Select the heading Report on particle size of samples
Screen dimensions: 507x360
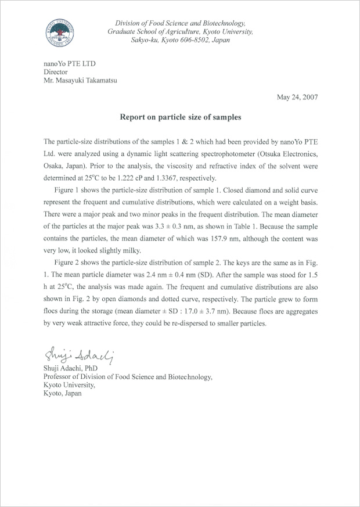180,117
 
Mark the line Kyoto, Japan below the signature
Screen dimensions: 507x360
63,393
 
